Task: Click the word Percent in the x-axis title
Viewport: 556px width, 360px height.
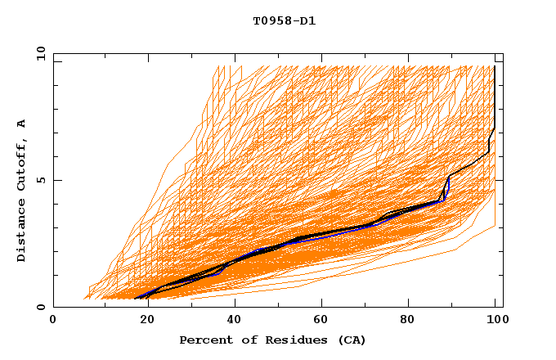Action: coord(202,340)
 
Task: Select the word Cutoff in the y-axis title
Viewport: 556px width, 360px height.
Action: coord(22,163)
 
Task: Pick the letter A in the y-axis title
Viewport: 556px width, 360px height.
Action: coord(22,124)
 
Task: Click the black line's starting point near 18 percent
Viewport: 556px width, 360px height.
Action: coord(135,298)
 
